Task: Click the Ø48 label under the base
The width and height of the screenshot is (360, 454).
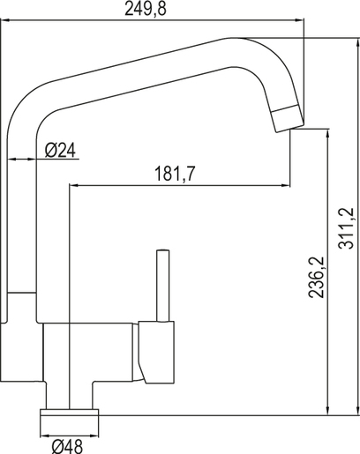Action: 69,445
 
